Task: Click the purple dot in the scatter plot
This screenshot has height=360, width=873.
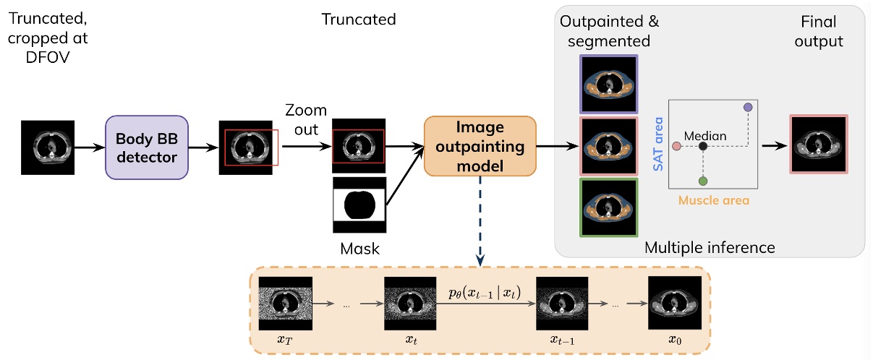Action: (748, 107)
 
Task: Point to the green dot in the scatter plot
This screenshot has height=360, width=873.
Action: (702, 180)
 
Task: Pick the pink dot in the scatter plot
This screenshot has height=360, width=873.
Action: (676, 146)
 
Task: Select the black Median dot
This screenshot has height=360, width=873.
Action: (702, 146)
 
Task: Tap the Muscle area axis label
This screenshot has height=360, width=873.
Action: (712, 199)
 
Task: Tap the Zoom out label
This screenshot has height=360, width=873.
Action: (305, 119)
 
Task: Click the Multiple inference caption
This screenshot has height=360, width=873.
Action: (710, 248)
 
